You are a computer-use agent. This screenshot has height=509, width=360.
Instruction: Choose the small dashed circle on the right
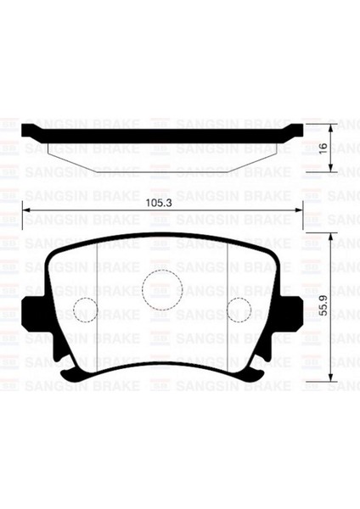(x=238, y=310)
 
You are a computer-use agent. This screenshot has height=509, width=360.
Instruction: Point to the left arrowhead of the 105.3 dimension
(x=25, y=212)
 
